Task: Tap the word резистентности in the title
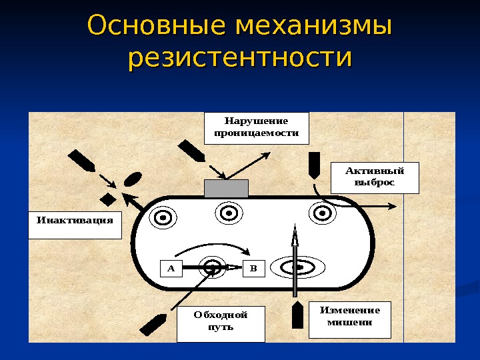pyautogui.click(x=239, y=59)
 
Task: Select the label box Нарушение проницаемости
pyautogui.click(x=257, y=127)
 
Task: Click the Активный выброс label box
pyautogui.click(x=375, y=177)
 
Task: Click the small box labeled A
pyautogui.click(x=171, y=268)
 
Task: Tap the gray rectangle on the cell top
pyautogui.click(x=226, y=188)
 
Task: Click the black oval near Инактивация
pyautogui.click(x=133, y=179)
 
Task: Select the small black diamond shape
pyautogui.click(x=107, y=199)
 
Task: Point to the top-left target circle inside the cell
pyautogui.click(x=163, y=217)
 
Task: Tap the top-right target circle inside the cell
pyautogui.click(x=321, y=213)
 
